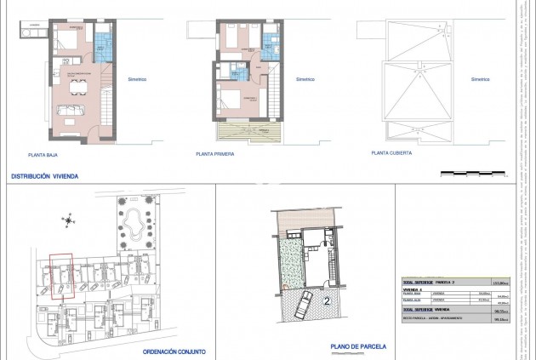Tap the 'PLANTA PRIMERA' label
point(215,155)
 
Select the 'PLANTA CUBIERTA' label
point(391,154)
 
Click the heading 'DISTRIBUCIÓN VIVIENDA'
point(43,177)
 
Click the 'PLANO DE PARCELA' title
point(358,346)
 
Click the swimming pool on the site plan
point(133,225)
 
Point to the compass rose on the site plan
point(69,220)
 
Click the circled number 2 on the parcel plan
point(327,300)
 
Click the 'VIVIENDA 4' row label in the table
point(413,289)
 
